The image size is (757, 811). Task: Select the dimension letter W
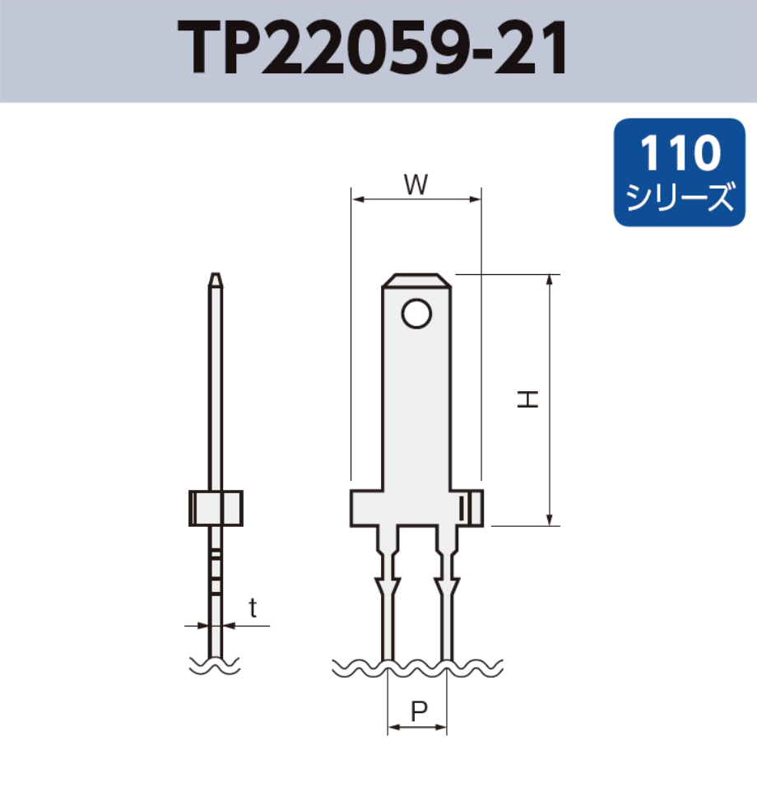tap(416, 186)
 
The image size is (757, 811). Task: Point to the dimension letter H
tap(527, 400)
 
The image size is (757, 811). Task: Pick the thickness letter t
tap(253, 609)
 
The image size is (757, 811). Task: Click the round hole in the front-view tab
tap(416, 313)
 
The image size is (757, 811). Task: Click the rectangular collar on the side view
tap(216, 508)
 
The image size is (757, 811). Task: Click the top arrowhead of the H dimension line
tap(550, 280)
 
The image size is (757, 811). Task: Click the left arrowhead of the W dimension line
tap(356, 198)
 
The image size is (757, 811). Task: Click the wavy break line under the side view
tap(215, 664)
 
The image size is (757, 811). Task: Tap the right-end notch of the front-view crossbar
tap(471, 508)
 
